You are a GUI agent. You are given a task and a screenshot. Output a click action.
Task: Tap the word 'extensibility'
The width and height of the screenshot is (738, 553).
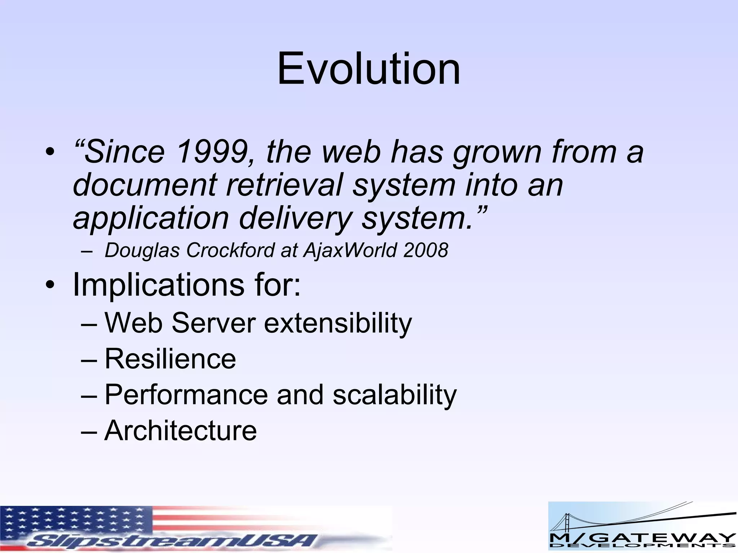coord(338,323)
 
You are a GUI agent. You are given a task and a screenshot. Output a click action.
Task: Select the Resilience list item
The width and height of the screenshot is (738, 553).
coord(170,359)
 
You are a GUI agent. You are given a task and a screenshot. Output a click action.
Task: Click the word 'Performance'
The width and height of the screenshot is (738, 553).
coord(186,395)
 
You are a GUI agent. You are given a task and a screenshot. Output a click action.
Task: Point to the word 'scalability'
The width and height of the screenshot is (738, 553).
coord(394,395)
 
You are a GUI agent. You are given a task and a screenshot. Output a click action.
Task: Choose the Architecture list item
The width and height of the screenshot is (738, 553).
coord(181,431)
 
